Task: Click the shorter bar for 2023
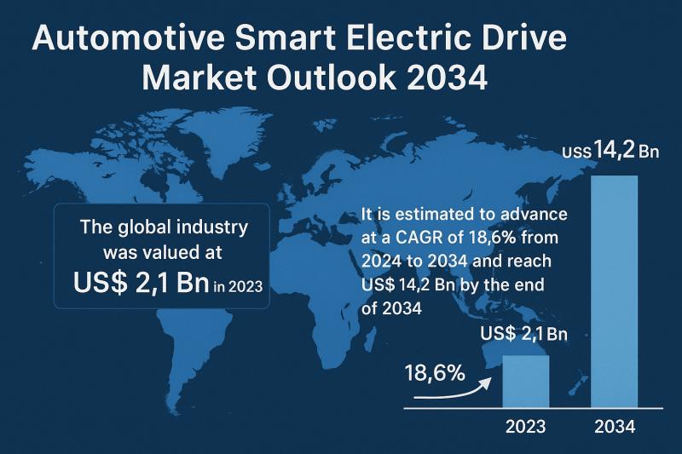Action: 526,382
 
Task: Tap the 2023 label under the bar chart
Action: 526,427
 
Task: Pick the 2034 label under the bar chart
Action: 614,427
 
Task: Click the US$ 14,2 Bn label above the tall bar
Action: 612,152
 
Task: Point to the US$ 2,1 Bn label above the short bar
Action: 523,334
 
